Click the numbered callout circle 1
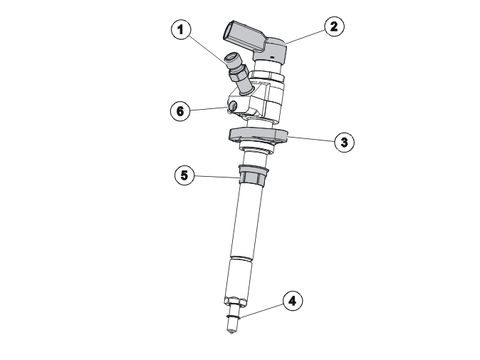click(181, 30)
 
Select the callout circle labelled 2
click(334, 26)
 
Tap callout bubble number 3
click(345, 142)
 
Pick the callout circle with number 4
click(293, 301)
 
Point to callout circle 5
click(184, 175)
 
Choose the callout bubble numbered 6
click(180, 110)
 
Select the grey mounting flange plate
click(259, 135)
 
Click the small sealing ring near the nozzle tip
click(233, 317)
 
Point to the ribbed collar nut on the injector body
click(253, 175)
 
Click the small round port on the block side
click(234, 106)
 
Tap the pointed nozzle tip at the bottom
click(231, 331)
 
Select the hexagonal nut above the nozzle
click(235, 301)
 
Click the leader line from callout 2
click(305, 37)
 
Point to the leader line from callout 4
click(262, 311)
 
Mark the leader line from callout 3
click(311, 139)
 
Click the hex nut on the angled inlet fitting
click(239, 74)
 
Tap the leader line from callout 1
click(209, 50)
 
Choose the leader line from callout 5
click(217, 177)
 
